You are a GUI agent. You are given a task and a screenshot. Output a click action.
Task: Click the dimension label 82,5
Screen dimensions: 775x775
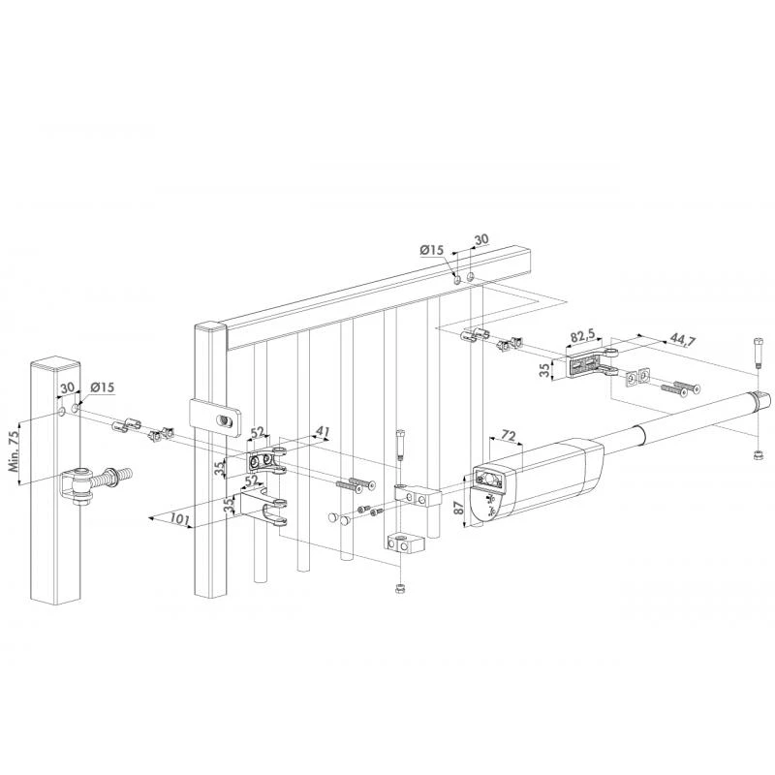click(583, 336)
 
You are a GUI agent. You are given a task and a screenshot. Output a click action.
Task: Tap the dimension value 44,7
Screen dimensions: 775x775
click(683, 340)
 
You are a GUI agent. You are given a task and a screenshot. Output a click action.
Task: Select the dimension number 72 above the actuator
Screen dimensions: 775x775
click(508, 436)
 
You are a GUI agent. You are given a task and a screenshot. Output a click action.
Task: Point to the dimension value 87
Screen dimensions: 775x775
click(459, 508)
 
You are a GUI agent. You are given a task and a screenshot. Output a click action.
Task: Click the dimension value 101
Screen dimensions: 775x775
click(180, 519)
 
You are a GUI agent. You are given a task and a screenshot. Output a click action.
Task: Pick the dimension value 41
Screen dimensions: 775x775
click(322, 431)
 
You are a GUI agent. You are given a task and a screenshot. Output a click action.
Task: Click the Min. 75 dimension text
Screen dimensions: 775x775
click(15, 450)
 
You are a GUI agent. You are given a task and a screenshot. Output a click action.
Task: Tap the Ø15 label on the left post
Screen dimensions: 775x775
click(103, 387)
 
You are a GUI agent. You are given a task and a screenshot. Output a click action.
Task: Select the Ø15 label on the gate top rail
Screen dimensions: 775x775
click(432, 251)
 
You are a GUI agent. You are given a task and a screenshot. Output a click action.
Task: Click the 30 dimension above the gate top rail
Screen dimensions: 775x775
click(480, 239)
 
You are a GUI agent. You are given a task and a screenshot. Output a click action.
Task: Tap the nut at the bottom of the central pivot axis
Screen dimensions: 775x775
click(400, 589)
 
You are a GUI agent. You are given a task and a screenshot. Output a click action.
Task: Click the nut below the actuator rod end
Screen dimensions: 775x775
click(758, 454)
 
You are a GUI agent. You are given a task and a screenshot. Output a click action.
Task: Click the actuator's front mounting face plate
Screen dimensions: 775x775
click(488, 479)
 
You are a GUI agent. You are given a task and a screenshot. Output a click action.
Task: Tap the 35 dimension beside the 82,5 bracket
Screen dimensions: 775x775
click(544, 370)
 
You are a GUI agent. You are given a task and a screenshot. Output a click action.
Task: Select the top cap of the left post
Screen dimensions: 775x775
click(55, 364)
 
